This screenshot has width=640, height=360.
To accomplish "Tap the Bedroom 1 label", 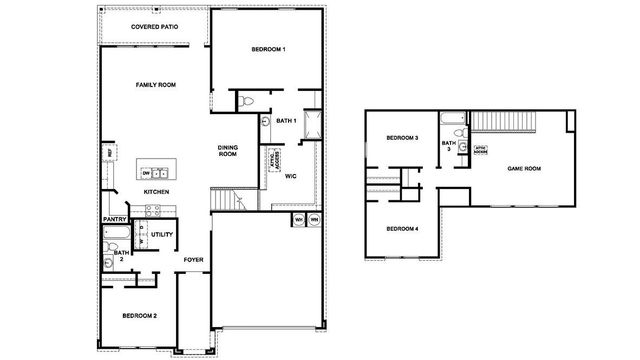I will point(267,50).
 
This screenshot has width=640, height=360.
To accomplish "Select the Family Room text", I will point(155,86).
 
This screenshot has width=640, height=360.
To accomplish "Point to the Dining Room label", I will point(228,151).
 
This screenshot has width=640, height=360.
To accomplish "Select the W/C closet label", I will point(290,176).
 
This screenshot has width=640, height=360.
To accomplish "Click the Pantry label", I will point(113,219).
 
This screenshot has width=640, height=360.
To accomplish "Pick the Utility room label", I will point(163,235).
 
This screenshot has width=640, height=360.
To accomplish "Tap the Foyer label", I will point(194,259).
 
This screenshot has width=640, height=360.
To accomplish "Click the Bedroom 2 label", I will point(139,316).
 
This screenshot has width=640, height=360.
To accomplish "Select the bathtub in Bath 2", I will point(112,237).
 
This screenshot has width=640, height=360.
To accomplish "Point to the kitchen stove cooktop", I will point(153,210).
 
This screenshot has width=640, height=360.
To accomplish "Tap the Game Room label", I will point(524,169).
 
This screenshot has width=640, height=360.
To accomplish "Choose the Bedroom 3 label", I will point(403,138).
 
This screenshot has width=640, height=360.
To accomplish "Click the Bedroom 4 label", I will point(403,229).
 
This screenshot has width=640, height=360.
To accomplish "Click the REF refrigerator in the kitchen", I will point(111,156).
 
